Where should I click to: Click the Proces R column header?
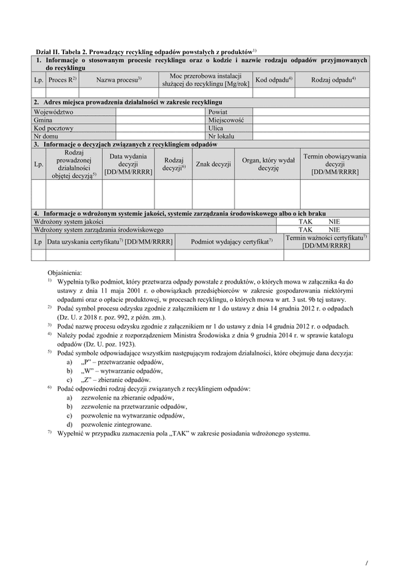[63, 80]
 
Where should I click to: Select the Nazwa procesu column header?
[119, 80]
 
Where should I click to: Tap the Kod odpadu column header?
[274, 80]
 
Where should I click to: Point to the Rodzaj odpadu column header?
[333, 80]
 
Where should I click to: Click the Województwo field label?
[53, 112]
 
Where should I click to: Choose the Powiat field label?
[218, 112]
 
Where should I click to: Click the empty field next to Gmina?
[160, 120]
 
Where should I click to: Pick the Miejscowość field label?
[226, 120]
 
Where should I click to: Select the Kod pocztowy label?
[53, 128]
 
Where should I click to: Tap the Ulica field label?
[216, 128]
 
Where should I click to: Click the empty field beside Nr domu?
[160, 136]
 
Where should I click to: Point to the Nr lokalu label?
[221, 136]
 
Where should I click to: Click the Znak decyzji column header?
[213, 164]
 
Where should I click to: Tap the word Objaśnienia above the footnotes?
[65, 273]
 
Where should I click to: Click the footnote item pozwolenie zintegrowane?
[116, 424]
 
